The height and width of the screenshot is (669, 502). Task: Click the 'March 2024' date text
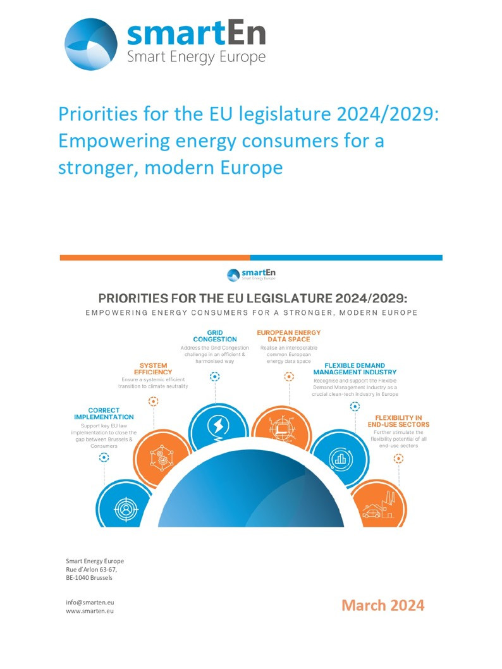coord(383,605)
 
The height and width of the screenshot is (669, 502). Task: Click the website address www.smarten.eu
coord(90,611)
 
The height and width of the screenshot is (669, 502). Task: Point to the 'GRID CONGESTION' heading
coord(215,336)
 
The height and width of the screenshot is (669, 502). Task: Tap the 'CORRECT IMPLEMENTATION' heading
coord(104,414)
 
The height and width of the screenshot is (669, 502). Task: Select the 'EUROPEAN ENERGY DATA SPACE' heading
coord(288,336)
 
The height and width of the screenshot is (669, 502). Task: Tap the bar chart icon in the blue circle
coord(340,458)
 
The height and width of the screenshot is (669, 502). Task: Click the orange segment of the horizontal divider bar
coord(155,257)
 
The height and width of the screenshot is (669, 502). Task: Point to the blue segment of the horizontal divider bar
coord(346,257)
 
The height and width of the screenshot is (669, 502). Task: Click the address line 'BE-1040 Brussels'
coord(89,577)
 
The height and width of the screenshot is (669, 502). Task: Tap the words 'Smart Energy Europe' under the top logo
coord(197,58)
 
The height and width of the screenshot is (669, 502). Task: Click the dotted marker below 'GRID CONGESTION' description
coord(215,376)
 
